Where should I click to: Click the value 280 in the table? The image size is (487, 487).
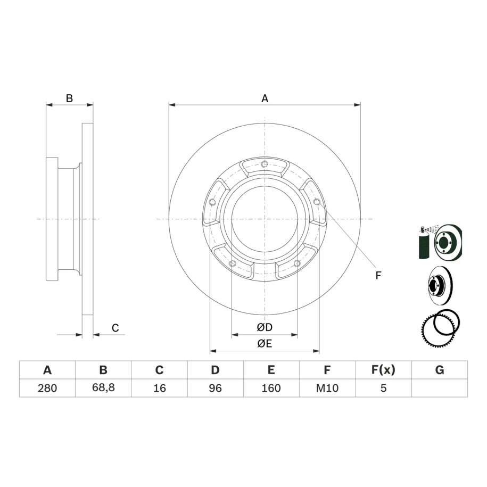47,388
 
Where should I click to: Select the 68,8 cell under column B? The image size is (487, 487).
103,387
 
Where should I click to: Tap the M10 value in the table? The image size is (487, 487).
327,388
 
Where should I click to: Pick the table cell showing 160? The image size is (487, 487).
271,388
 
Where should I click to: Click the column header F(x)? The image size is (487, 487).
383,370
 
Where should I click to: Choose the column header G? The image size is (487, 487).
440,370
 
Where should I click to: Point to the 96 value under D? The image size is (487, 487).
215,388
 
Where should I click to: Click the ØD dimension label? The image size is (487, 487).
265,327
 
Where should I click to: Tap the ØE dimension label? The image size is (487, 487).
265,343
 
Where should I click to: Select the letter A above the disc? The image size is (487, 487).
265,98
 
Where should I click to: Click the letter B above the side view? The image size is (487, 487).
70,98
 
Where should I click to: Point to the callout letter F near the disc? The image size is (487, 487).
378,275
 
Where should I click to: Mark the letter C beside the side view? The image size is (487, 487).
115,328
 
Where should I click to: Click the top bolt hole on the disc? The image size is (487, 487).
265,164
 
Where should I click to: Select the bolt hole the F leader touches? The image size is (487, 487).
317,202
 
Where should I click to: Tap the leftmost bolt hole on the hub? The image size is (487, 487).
212,202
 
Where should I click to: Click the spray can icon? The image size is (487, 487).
423,242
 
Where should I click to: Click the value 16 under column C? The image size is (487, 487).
159,388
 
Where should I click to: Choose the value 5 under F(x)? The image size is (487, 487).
383,388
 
